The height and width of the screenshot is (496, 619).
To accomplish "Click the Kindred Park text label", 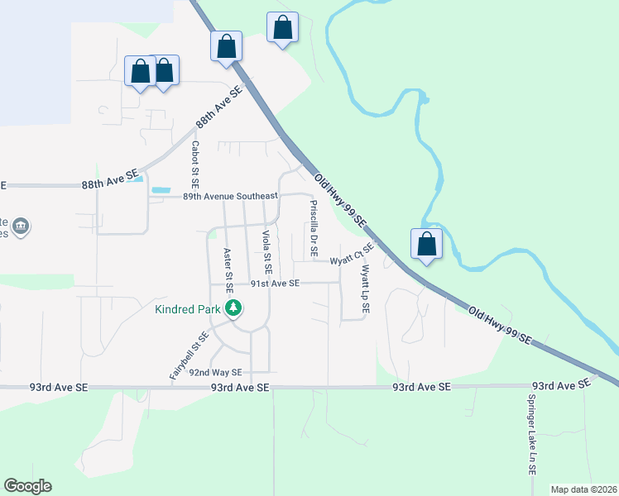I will [x=188, y=310].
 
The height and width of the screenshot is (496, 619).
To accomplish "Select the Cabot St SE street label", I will [x=195, y=162].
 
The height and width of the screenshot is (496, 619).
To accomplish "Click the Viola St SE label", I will [x=266, y=252].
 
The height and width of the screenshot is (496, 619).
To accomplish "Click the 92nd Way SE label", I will [x=214, y=372].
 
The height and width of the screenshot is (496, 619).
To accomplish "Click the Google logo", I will [x=27, y=486].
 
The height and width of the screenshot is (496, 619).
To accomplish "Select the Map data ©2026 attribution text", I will [x=583, y=489].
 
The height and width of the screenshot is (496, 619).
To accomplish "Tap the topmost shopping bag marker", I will [x=282, y=27].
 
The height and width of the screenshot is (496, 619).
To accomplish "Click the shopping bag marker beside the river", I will [x=426, y=244].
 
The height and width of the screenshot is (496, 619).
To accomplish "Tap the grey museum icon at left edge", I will [x=22, y=226].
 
